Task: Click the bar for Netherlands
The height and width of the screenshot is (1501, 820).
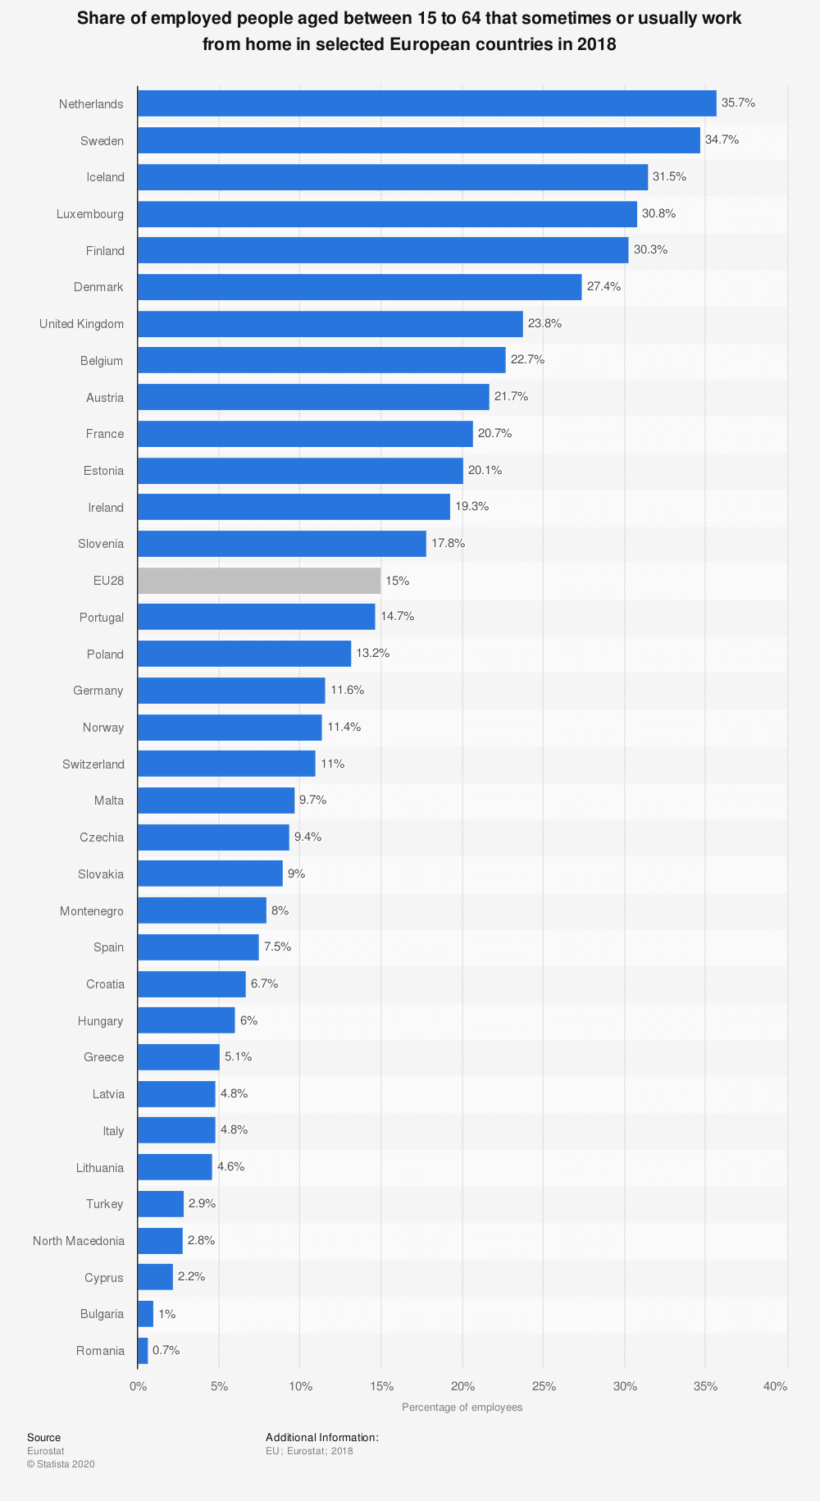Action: [x=426, y=103]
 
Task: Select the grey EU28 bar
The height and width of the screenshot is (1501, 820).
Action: [x=259, y=581]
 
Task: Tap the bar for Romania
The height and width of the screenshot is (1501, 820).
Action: [x=143, y=1351]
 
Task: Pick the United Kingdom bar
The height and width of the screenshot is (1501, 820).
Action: [x=330, y=324]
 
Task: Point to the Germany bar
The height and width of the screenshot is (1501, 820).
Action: [x=231, y=691]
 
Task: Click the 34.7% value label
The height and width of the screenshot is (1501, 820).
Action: [x=722, y=140]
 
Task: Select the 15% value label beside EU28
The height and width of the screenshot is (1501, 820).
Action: [x=398, y=581]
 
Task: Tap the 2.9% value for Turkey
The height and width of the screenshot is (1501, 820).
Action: [x=202, y=1204]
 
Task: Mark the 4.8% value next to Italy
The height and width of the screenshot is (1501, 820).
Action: [x=234, y=1130]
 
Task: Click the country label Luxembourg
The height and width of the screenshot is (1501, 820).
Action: [x=90, y=214]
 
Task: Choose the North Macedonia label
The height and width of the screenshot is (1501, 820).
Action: [x=79, y=1241]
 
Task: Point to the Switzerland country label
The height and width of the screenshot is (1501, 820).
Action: [x=93, y=764]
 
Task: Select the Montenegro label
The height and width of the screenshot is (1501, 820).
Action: [x=92, y=911]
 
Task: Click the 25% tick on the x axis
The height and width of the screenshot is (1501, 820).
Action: [x=544, y=1387]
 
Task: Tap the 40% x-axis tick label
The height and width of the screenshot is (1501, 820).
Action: [x=775, y=1387]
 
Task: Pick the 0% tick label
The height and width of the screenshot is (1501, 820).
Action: [x=138, y=1387]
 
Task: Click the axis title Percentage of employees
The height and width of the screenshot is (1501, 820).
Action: [x=462, y=1407]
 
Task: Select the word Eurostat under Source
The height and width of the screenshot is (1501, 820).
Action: [x=45, y=1451]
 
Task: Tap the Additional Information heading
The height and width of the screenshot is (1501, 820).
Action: [x=321, y=1438]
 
